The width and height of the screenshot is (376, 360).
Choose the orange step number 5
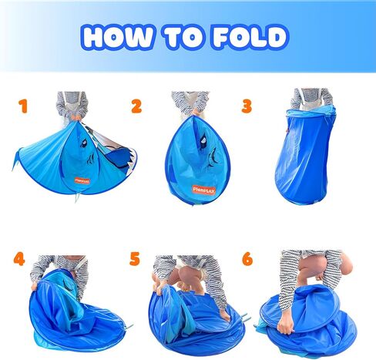click(135, 259)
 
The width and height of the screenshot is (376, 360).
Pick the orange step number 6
click(247, 259)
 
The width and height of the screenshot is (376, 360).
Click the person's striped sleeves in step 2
click(190, 102)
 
